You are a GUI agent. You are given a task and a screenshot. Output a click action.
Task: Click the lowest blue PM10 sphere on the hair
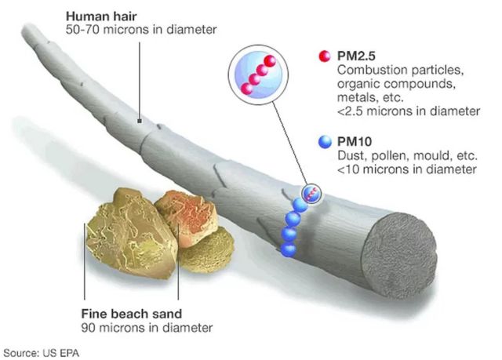pos(288,249)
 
